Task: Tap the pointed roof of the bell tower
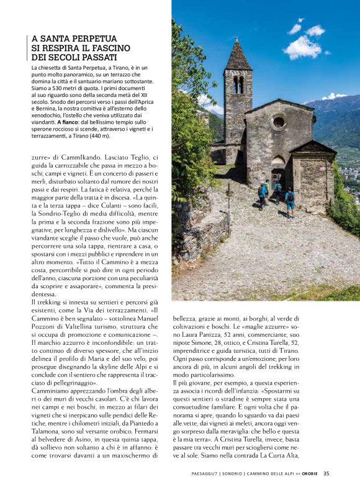238,56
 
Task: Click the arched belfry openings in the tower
238,84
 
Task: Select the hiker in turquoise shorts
289,202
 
